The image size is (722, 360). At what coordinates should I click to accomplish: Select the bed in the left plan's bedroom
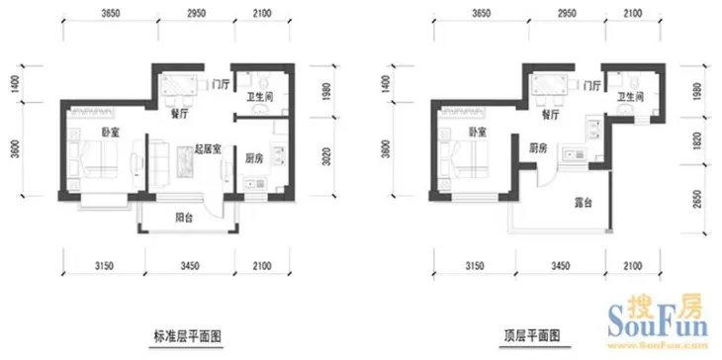pyautogui.click(x=98, y=157)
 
